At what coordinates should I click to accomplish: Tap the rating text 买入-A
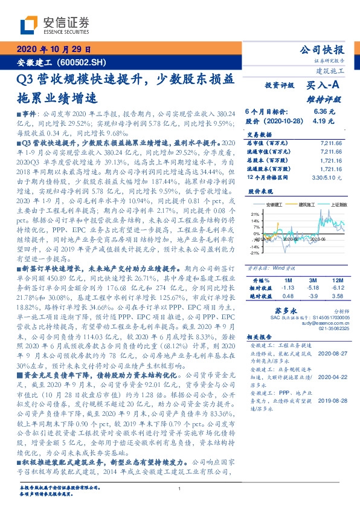323,86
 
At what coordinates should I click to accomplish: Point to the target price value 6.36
321,112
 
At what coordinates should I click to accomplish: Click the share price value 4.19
321,121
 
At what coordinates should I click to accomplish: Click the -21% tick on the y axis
254,253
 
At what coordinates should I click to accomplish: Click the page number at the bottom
180,488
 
